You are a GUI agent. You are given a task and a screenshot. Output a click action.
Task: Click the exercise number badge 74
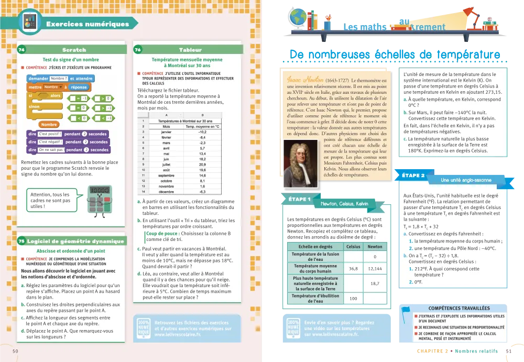coord(21,50)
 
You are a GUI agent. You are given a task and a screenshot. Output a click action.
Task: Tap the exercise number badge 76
coord(137,50)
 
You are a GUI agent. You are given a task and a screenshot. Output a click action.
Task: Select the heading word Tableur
coord(190,50)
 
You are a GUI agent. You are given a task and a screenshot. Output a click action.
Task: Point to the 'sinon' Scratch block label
coord(35,106)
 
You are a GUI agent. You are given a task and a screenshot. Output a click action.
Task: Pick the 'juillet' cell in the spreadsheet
coord(166,164)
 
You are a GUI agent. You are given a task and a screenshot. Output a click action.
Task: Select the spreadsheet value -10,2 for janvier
coord(202,132)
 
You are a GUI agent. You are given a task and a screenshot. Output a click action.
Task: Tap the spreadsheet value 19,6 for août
coord(202,170)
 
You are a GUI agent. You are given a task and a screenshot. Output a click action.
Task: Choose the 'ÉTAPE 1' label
coord(300,200)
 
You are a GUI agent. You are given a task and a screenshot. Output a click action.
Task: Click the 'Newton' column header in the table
coord(375,246)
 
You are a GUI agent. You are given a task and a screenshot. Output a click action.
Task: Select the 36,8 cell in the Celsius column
coord(353,269)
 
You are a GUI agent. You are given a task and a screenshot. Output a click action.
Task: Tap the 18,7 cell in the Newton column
coord(375,283)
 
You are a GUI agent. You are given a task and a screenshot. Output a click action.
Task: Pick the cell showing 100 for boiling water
coord(353,299)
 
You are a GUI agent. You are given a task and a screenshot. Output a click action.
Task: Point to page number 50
coord(15,351)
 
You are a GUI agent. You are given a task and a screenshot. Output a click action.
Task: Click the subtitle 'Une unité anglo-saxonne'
coord(466,180)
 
